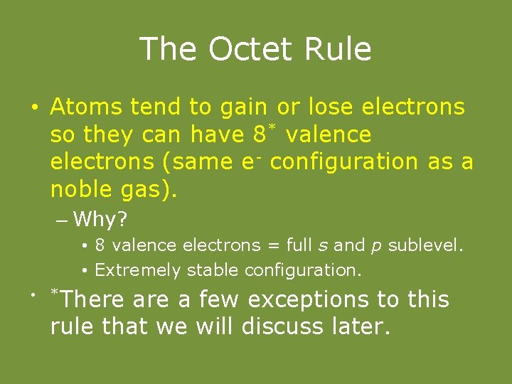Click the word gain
pyautogui.click(x=243, y=108)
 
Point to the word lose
pyautogui.click(x=332, y=107)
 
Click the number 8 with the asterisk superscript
pyautogui.click(x=260, y=134)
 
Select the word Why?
pyautogui.click(x=100, y=220)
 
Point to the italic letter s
pyautogui.click(x=324, y=246)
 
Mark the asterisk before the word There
pyautogui.click(x=53, y=292)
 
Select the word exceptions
pyautogui.click(x=313, y=300)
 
